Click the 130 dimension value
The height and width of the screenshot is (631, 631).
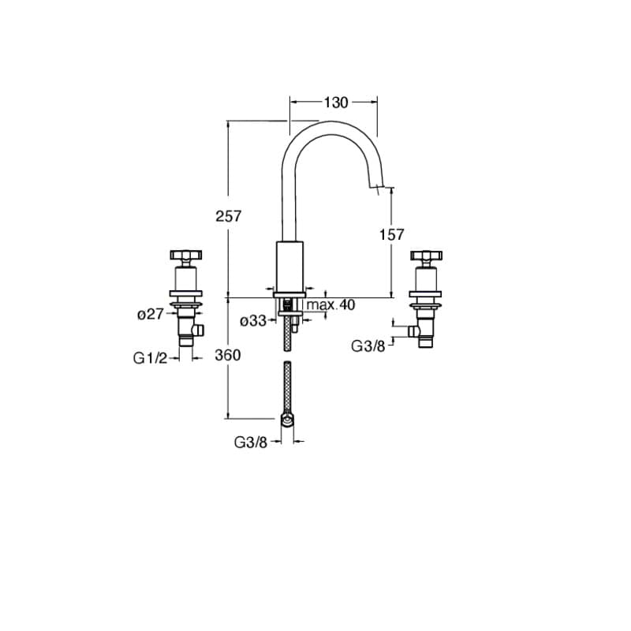(x=336, y=103)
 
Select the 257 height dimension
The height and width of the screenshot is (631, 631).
(x=228, y=216)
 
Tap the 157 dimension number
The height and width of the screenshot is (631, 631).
(x=391, y=234)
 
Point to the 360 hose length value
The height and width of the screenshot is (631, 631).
(x=228, y=355)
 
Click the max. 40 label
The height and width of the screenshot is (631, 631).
(x=330, y=304)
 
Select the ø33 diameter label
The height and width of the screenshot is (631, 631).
(x=253, y=321)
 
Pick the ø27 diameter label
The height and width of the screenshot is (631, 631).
(x=151, y=314)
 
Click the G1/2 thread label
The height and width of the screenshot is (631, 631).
(x=150, y=358)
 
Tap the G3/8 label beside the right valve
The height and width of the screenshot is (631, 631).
(x=368, y=345)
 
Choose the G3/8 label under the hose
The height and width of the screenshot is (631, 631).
(x=251, y=442)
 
